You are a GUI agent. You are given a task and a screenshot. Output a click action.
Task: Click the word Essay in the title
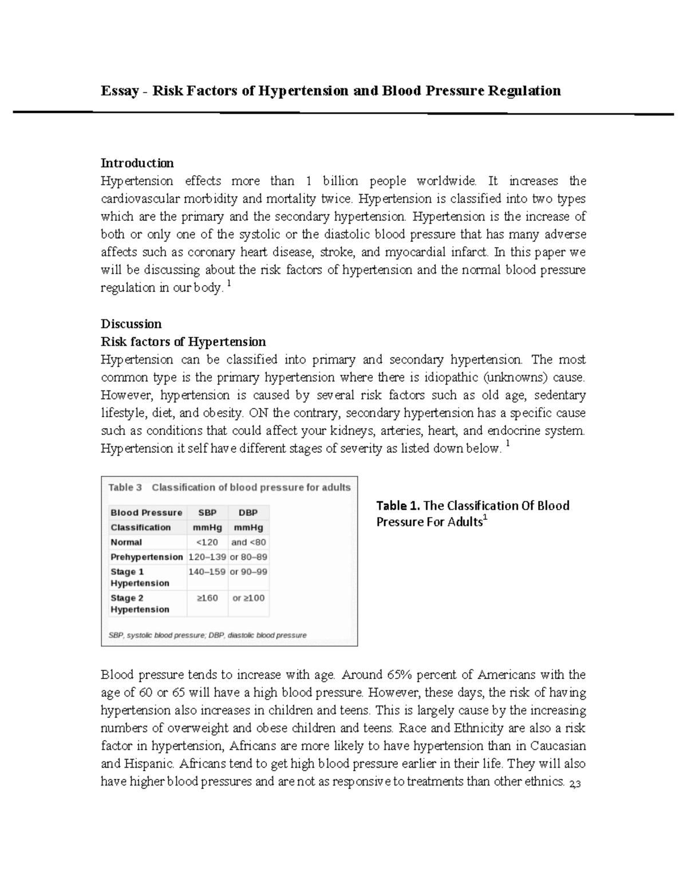pos(120,91)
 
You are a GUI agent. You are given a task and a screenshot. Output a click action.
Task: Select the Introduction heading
pos(137,163)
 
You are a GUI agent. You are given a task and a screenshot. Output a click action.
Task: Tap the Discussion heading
pos(131,324)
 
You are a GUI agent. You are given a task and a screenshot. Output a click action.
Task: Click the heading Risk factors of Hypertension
pos(183,342)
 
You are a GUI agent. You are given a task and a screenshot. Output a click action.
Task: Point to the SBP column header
pos(207,512)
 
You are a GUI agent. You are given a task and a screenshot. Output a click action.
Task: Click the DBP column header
pos(248,512)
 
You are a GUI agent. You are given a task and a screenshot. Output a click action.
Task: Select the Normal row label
pos(126,542)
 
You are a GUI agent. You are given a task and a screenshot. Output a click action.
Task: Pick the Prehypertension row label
pos(147,557)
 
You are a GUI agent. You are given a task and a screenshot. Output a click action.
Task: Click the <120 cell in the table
pos(207,542)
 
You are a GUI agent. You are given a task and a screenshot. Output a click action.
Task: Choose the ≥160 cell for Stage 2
pos(207,598)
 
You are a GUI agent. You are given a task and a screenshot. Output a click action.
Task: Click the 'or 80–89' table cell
pos(248,557)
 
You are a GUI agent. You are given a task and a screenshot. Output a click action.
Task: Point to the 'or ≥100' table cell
pos(248,598)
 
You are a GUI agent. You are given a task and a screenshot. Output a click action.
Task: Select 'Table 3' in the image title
pos(125,488)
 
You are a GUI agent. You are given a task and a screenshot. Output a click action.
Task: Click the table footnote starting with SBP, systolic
pos(207,635)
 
